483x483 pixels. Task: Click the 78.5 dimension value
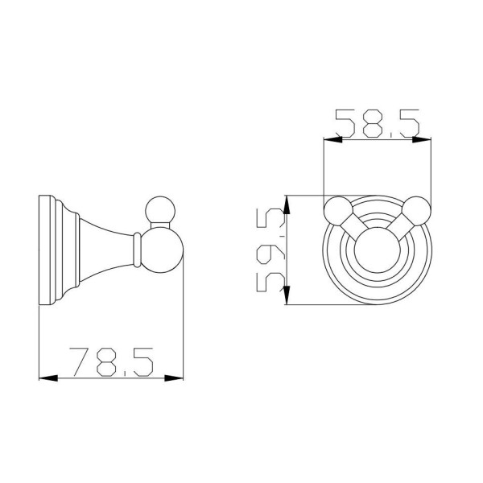[x=111, y=362]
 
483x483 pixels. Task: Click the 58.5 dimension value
[x=378, y=123]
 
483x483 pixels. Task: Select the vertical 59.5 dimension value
[x=270, y=250]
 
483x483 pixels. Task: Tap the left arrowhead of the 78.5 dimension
[x=48, y=378]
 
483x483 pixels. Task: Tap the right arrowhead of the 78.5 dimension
[x=174, y=378]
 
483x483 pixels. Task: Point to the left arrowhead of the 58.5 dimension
[x=333, y=140]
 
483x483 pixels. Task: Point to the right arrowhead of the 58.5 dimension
[x=422, y=140]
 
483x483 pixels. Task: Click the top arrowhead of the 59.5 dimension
[x=287, y=204]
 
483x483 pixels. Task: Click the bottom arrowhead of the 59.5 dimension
[x=287, y=295]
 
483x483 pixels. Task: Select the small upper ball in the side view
[x=160, y=211]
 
